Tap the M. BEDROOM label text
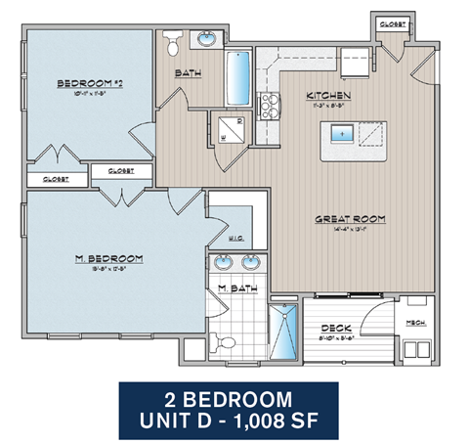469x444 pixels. pyautogui.click(x=109, y=258)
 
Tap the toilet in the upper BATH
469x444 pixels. pyautogui.click(x=173, y=43)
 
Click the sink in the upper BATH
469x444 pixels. pyautogui.click(x=208, y=41)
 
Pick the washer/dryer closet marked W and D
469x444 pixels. pyautogui.click(x=233, y=130)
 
